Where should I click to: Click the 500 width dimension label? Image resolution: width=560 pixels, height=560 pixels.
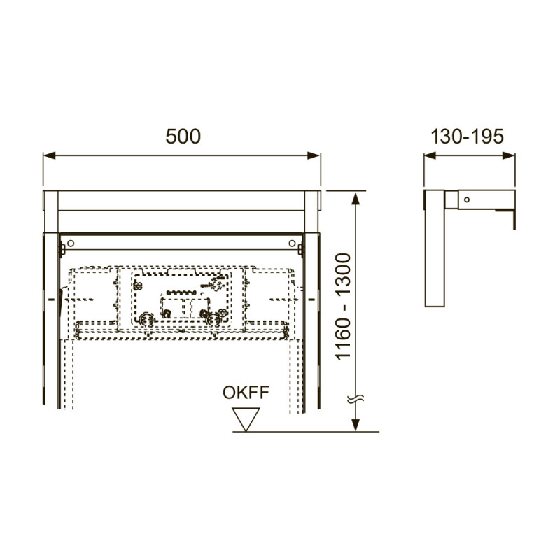point(183,136)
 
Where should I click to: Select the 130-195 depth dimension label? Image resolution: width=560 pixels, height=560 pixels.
point(467,136)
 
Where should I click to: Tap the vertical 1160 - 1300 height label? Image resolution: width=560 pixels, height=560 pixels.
point(343,307)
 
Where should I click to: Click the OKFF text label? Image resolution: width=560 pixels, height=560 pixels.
point(246,393)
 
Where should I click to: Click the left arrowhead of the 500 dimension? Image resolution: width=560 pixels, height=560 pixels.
point(49,155)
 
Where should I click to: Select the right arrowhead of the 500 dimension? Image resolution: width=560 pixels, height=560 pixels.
point(314,155)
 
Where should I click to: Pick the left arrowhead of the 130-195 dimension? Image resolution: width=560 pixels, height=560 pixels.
point(430,155)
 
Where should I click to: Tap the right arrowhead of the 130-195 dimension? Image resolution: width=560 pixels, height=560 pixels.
point(509,155)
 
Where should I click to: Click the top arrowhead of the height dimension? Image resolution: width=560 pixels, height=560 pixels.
point(355,198)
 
